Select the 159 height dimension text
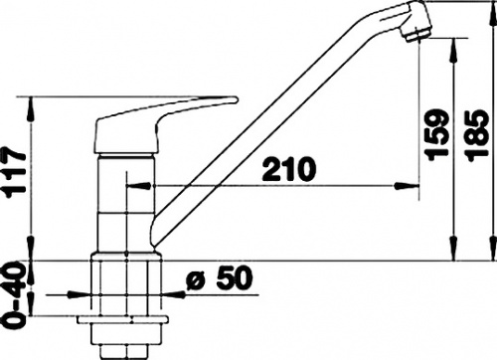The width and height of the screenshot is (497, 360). pyautogui.click(x=436, y=134)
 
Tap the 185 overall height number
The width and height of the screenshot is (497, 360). pyautogui.click(x=476, y=136)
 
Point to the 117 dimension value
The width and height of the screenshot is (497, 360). pyautogui.click(x=14, y=171)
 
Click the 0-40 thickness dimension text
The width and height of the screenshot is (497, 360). pyautogui.click(x=14, y=294)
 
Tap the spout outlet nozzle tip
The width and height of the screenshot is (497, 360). pyautogui.click(x=415, y=34)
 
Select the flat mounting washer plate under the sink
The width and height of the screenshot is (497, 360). pyautogui.click(x=122, y=320)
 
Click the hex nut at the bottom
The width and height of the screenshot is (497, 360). pyautogui.click(x=121, y=352)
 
